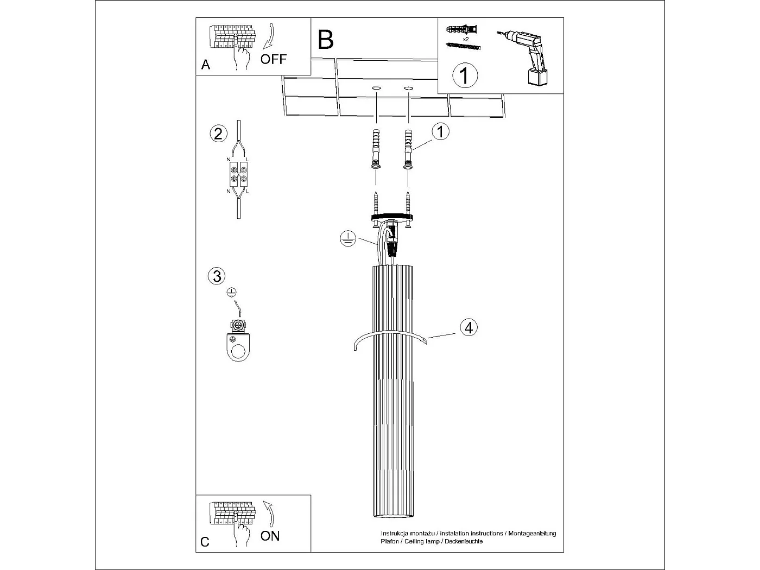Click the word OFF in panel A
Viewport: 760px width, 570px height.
point(274,59)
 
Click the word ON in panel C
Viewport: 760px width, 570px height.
point(270,536)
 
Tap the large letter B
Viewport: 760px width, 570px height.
point(326,40)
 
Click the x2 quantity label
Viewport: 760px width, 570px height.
point(466,39)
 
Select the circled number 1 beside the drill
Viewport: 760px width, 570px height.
point(465,75)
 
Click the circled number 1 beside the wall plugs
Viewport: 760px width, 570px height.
point(440,132)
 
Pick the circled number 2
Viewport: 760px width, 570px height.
point(218,134)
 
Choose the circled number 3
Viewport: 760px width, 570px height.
point(217,276)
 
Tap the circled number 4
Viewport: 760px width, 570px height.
point(469,327)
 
